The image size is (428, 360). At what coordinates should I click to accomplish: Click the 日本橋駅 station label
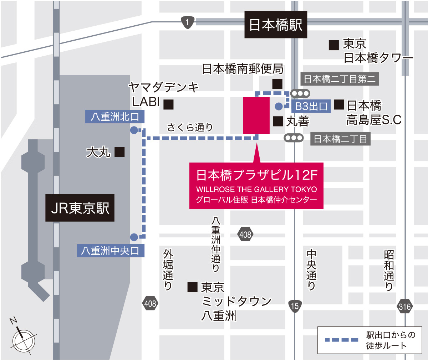click(275, 25)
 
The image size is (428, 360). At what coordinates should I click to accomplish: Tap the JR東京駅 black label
click(80, 208)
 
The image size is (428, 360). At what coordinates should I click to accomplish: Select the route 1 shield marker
click(187, 22)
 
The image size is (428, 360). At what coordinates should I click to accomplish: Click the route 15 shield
click(295, 306)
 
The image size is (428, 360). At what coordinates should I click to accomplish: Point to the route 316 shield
click(405, 307)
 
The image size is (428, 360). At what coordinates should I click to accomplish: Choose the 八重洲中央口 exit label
click(110, 251)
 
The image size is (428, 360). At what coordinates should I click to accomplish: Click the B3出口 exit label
click(311, 106)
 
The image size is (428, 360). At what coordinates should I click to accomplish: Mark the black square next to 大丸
click(119, 152)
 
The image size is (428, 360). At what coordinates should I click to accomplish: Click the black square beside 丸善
click(278, 121)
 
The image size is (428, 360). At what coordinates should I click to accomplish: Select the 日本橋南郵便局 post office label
click(243, 68)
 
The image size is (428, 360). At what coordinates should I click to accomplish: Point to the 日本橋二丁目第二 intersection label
click(340, 79)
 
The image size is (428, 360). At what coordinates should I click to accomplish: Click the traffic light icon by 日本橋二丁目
click(294, 138)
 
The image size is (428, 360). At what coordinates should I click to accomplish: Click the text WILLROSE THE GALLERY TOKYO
click(256, 189)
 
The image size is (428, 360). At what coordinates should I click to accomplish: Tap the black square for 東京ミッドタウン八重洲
click(193, 287)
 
